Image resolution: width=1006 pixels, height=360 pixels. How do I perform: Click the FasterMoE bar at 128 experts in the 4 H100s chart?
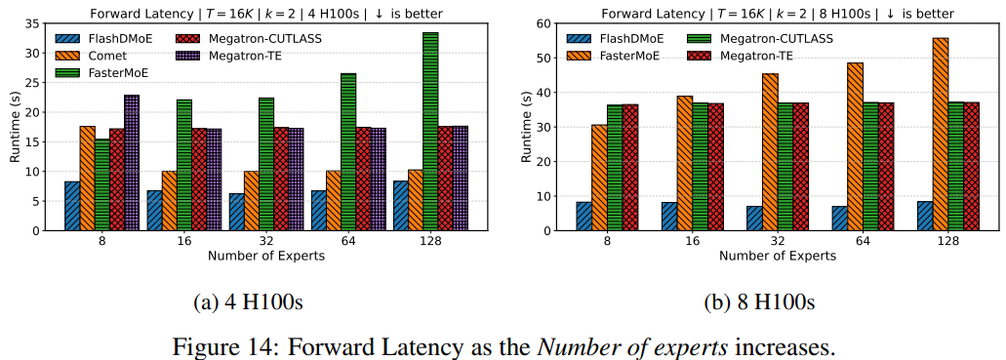point(430,132)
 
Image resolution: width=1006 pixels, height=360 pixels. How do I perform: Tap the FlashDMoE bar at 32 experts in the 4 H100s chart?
point(236,212)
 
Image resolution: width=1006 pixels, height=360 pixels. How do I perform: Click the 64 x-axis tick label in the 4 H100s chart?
point(348,241)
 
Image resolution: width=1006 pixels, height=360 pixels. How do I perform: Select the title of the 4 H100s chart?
point(265,13)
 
